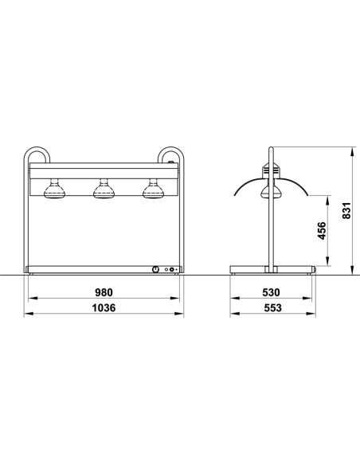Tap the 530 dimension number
point(271,292)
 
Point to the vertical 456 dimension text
point(321,232)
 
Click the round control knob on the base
point(154,270)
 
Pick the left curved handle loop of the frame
point(36,156)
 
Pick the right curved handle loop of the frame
point(170,156)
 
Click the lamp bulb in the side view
point(271,190)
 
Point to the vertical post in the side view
point(272,231)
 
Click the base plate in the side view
point(272,269)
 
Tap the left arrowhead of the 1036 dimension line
point(27,315)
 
